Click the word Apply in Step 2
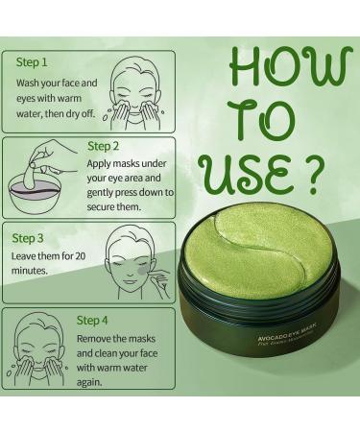point(104,167)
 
